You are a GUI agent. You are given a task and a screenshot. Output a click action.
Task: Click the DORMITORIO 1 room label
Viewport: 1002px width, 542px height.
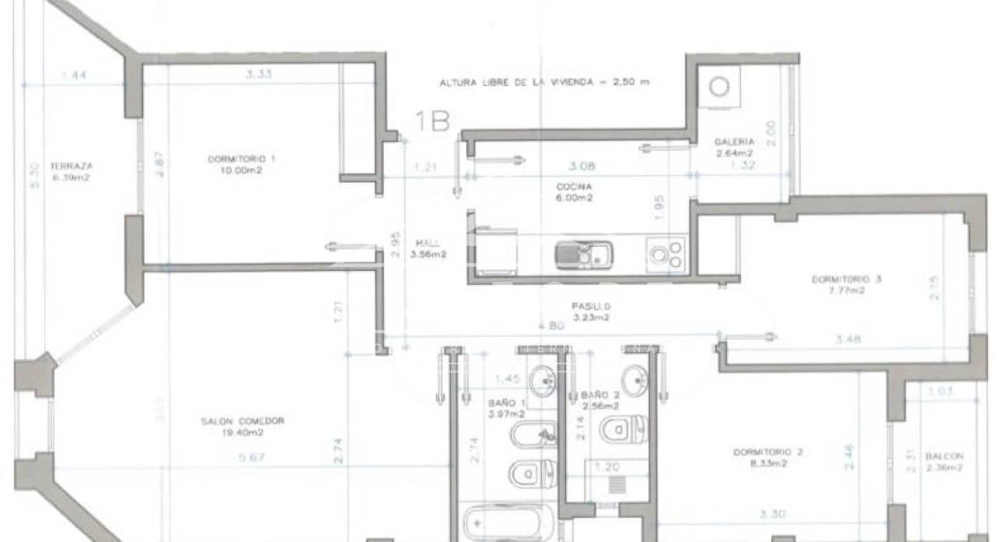coord(241,158)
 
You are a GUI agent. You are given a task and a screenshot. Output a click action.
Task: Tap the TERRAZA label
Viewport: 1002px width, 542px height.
coord(71,166)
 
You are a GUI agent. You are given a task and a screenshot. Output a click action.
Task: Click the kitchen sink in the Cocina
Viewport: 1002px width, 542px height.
coord(583,255)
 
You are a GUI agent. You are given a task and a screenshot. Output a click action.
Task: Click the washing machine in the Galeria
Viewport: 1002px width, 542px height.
coord(719,86)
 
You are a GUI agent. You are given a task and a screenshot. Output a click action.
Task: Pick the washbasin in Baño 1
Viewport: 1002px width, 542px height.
coord(542,380)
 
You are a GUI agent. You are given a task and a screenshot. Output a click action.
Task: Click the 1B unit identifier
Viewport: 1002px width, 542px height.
coord(433,121)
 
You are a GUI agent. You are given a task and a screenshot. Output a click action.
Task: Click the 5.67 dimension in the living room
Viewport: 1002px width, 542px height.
coord(253,457)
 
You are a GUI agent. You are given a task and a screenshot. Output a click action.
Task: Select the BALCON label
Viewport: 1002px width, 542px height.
coord(944,457)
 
